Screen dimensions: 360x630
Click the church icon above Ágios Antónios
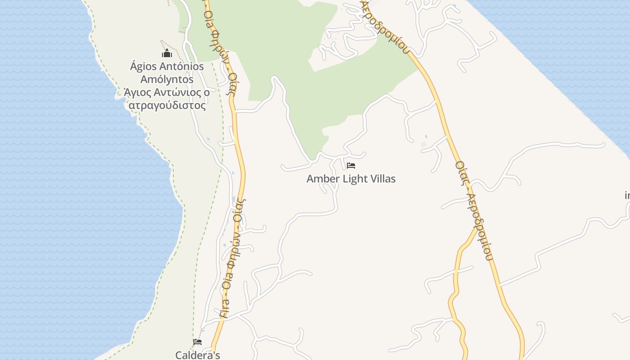point(167,54)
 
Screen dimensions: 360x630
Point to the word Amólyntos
point(167,80)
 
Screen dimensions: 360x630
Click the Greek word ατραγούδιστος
point(167,106)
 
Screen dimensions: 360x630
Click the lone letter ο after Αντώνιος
point(207,93)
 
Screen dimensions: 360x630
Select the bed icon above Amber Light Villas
point(351,166)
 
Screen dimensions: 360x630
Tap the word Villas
point(383,179)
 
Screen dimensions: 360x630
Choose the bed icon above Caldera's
point(198,342)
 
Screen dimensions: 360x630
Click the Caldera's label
point(198,355)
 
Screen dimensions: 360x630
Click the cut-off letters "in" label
point(627,195)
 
